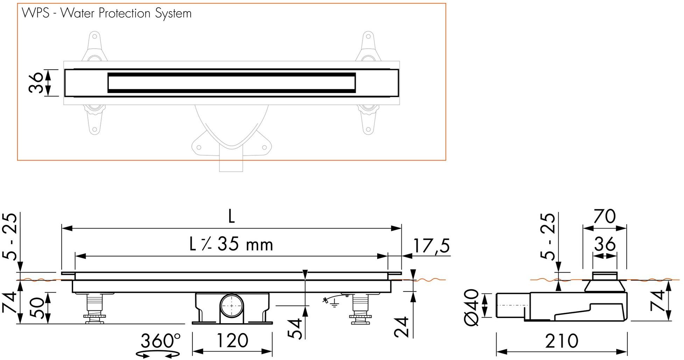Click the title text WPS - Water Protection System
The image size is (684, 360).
tap(107, 13)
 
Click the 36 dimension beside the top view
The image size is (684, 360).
tap(36, 83)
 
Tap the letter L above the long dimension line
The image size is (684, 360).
tap(231, 217)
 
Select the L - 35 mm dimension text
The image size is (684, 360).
tap(231, 244)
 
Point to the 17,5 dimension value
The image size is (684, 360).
tap(431, 246)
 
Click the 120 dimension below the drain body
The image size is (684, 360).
tap(232, 340)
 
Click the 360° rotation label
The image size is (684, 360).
tap(160, 340)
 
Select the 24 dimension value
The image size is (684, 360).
tap(401, 326)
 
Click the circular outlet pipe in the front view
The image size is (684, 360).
tap(232, 306)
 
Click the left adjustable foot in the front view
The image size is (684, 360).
tap(94, 308)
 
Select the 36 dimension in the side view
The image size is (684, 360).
tap(605, 244)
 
